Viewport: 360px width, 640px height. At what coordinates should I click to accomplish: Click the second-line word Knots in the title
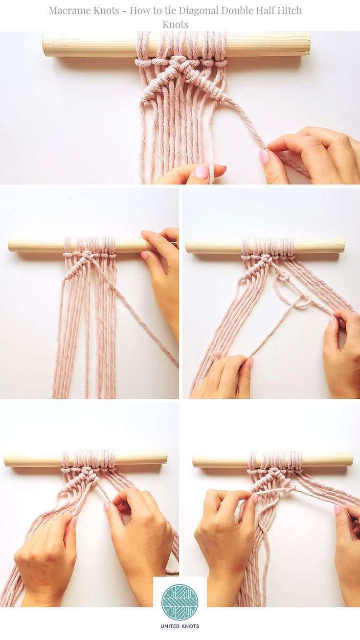(x=176, y=24)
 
